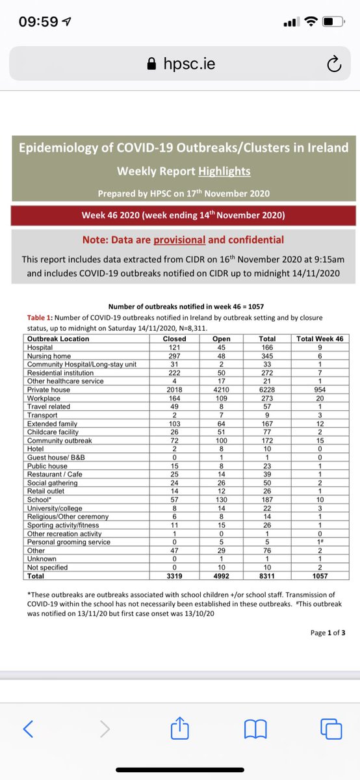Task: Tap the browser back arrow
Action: click(x=27, y=730)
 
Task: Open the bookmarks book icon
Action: click(x=255, y=730)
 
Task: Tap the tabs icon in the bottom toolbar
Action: click(x=331, y=730)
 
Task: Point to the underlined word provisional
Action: click(x=179, y=240)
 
